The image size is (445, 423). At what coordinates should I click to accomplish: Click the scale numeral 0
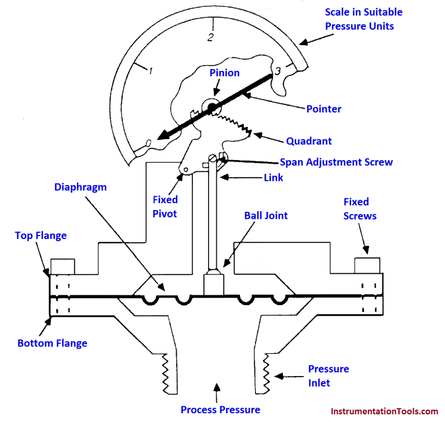tap(149, 142)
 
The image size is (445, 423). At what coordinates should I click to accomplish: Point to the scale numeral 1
tap(150, 71)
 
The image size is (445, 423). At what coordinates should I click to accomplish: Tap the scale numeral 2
tap(210, 38)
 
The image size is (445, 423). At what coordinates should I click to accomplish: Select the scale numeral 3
tap(278, 71)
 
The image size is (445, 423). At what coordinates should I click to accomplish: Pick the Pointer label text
tap(323, 109)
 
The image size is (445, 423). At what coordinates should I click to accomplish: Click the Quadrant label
tap(309, 141)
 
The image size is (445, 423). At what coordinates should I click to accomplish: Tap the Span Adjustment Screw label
tap(336, 162)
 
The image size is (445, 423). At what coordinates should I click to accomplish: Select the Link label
tap(273, 178)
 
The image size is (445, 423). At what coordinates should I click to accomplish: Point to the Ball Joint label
tap(266, 216)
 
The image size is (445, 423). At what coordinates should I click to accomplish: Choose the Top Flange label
tap(41, 236)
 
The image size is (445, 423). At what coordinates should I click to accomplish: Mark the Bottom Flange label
tap(52, 343)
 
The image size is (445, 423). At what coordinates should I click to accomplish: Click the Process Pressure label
tap(220, 410)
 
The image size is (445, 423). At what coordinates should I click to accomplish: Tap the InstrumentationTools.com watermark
tap(384, 411)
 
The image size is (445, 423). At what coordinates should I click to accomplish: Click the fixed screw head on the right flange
tap(366, 265)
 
